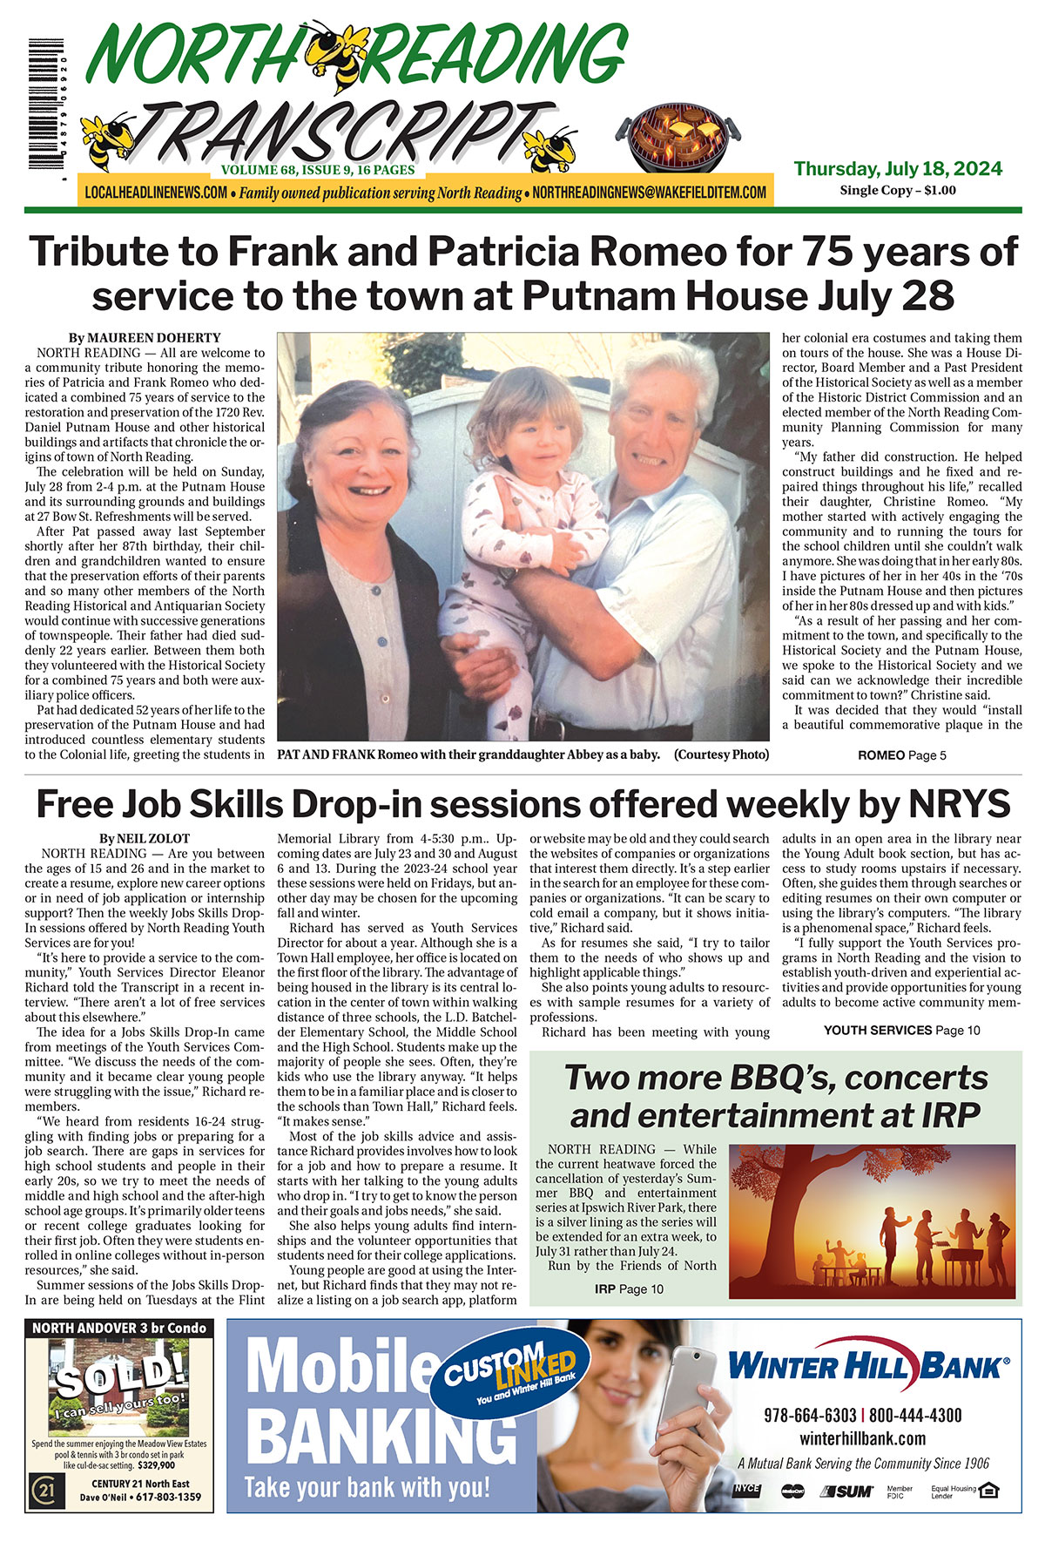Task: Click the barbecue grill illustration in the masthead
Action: tap(678, 139)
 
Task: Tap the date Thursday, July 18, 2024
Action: tap(898, 168)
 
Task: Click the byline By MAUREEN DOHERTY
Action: tap(145, 338)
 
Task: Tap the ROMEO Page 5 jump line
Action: tap(901, 755)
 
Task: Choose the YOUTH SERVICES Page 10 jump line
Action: tap(901, 1030)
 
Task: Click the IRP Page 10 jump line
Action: tap(629, 1288)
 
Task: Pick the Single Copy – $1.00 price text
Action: tap(897, 190)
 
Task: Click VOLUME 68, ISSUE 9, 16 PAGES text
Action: tap(318, 170)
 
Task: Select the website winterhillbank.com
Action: tap(862, 1438)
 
